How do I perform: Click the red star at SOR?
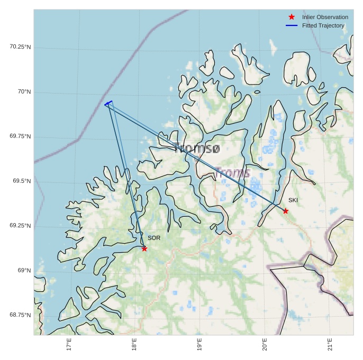pos(144,248)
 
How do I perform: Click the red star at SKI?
pos(286,211)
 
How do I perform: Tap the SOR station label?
pos(154,238)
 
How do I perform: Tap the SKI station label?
pos(293,200)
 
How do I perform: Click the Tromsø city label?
pos(197,149)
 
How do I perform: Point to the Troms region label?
pos(232,173)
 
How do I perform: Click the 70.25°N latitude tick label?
pos(20,47)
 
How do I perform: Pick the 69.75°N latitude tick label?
pos(20,136)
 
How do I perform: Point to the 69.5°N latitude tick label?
pos(22,181)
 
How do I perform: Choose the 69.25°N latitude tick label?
pos(20,225)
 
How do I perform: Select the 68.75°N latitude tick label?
pos(20,315)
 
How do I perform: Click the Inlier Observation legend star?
pos(292,17)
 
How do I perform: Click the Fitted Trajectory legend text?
pos(323,25)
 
